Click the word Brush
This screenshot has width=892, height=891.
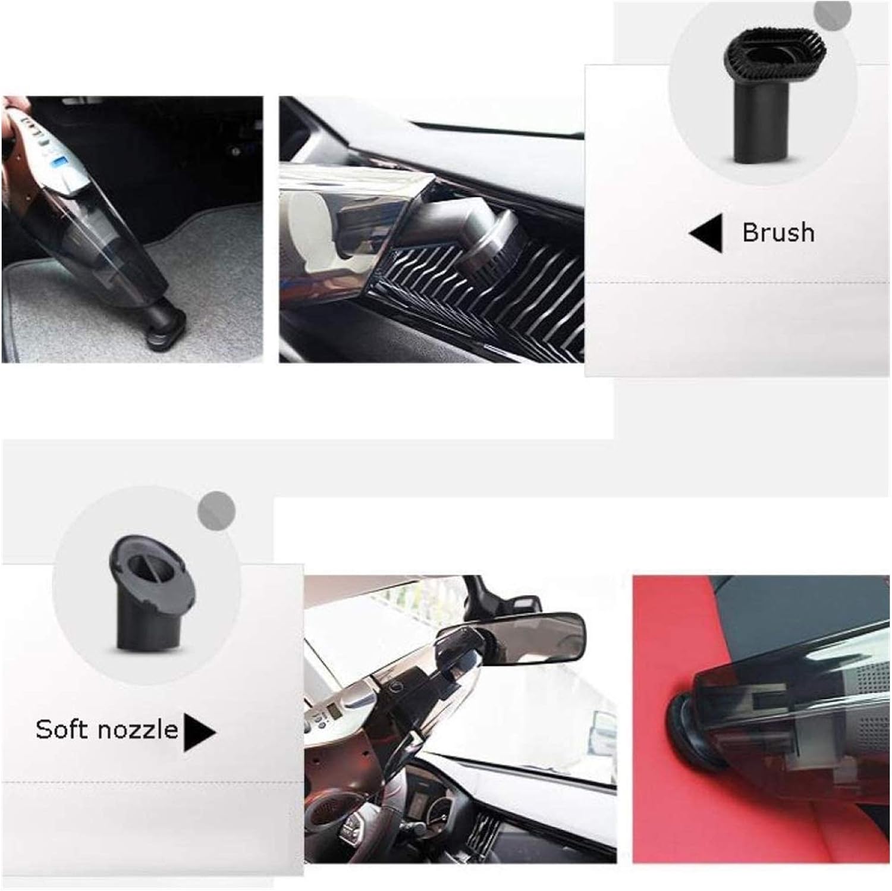coord(778,233)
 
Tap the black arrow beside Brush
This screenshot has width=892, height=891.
coord(707,233)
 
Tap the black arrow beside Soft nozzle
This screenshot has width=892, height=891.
coord(199,731)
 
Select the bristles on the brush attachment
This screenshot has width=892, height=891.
coord(760,59)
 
